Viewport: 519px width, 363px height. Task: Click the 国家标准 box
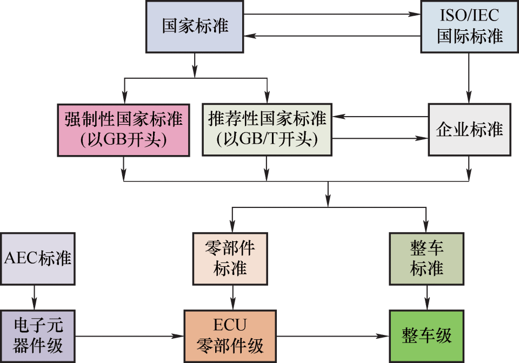click(x=195, y=26)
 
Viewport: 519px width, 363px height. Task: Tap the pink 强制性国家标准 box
click(x=124, y=130)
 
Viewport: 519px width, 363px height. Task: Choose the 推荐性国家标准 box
click(x=267, y=130)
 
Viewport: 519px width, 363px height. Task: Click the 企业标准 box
click(x=469, y=130)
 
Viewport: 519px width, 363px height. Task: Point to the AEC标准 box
click(x=37, y=258)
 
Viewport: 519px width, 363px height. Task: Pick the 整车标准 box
click(x=427, y=258)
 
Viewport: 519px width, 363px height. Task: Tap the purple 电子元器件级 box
click(x=37, y=336)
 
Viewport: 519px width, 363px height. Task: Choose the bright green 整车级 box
click(x=427, y=336)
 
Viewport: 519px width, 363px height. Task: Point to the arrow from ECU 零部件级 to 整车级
click(x=332, y=336)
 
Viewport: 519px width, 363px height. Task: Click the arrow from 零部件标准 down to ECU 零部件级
click(x=233, y=297)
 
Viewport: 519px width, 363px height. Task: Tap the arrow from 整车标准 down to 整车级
click(x=427, y=297)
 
